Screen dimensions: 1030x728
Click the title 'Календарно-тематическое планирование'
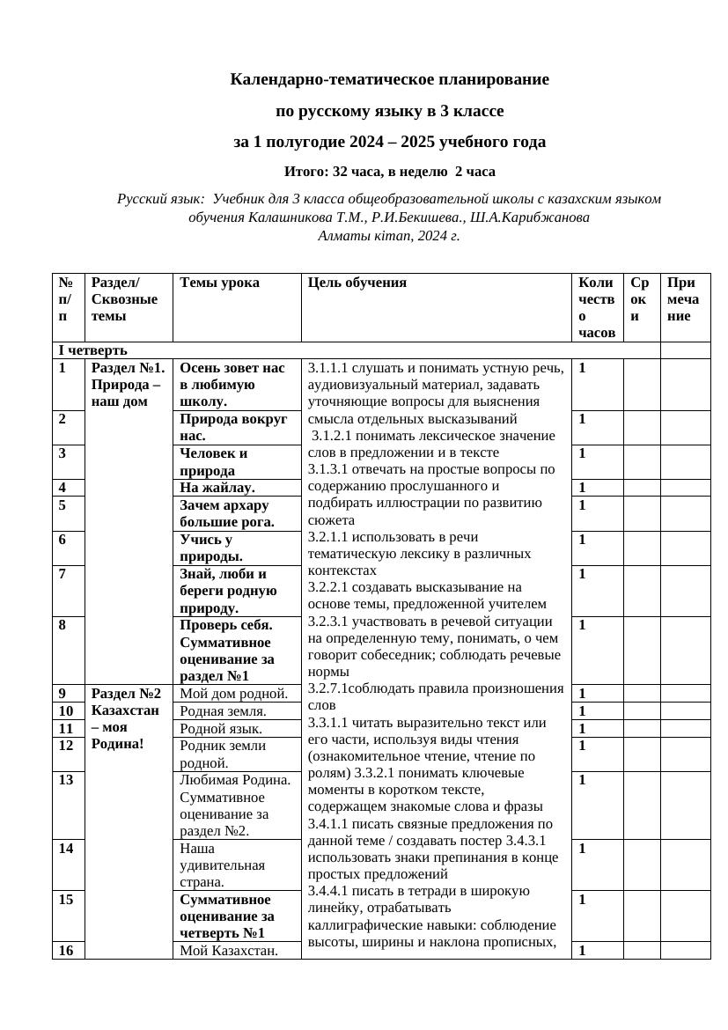click(x=389, y=80)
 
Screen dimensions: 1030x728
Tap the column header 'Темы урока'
click(x=219, y=283)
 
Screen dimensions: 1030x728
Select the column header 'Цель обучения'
click(x=357, y=283)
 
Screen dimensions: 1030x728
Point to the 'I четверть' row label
click(x=92, y=350)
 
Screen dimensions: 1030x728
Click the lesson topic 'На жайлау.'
click(x=217, y=488)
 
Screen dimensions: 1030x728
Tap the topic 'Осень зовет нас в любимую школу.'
click(x=232, y=385)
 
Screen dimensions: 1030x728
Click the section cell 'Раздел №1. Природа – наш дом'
click(x=128, y=385)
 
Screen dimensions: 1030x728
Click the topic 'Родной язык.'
click(x=220, y=729)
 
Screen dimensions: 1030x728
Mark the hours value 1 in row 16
click(x=584, y=950)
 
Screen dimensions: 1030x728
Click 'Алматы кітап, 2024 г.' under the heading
click(x=389, y=235)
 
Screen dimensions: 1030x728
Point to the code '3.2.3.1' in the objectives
click(x=327, y=621)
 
